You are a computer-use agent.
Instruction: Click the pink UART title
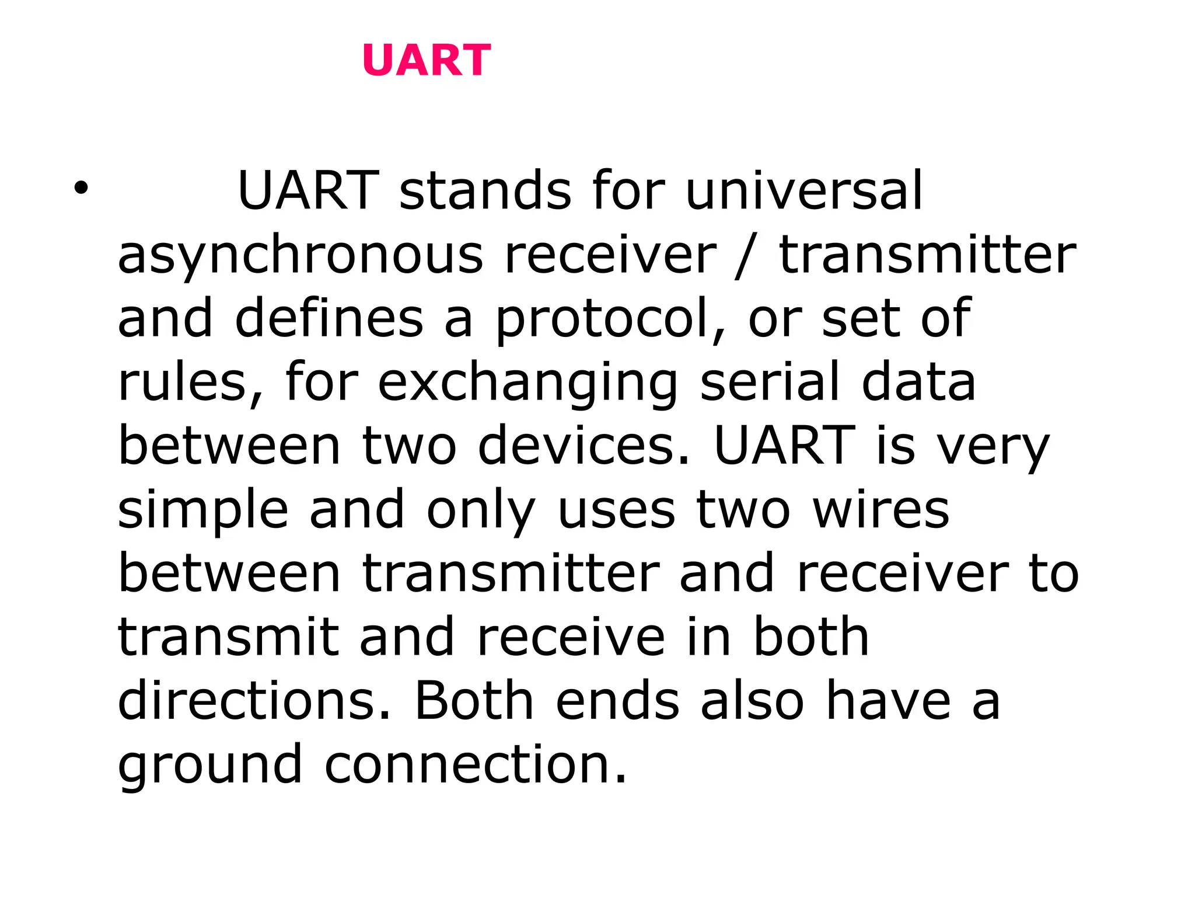tap(427, 60)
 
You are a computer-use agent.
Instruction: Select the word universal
tap(804, 190)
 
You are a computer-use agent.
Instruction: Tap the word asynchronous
tap(301, 255)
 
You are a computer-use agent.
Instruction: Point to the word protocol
tap(610, 319)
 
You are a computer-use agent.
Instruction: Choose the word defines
tap(329, 319)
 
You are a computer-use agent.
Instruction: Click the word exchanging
tap(528, 383)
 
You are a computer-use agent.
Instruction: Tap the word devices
tap(583, 446)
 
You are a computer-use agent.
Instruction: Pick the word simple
tap(203, 510)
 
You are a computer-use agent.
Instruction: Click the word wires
tap(881, 510)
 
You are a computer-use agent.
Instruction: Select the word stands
tap(485, 190)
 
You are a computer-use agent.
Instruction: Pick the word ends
tap(617, 700)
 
